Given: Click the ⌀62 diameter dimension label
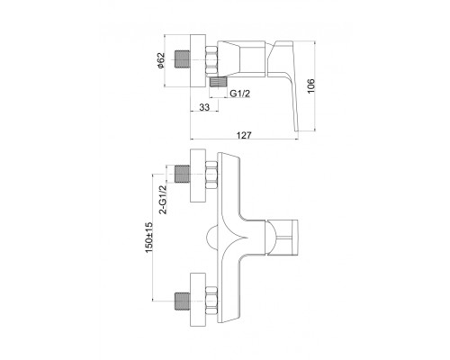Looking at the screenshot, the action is coord(161,60).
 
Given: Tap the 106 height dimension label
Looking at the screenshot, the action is coord(311,85).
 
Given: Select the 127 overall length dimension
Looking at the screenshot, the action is coord(244,135).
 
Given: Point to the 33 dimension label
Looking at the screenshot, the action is coord(204,107).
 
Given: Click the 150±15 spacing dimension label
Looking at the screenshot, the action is coord(149,237).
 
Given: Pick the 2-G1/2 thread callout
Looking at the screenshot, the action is coord(163,199).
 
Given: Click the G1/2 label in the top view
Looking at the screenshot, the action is coord(240,94).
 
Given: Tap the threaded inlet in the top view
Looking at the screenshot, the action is coord(183,59).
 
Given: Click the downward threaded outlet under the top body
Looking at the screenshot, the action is coord(219,82).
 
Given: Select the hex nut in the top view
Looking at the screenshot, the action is coord(211,59).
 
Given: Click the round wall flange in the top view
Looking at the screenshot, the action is coord(198,61).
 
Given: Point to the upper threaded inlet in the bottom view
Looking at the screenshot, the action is coord(183,174).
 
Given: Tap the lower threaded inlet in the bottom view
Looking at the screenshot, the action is coord(183,301).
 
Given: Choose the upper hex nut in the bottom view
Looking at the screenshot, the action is coord(211,175).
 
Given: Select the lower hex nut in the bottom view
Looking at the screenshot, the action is coord(211,301).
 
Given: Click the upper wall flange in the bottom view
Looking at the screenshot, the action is coord(198,175).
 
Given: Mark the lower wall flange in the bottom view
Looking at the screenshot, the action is coord(198,300).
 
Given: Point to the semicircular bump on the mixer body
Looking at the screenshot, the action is coord(211,238).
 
